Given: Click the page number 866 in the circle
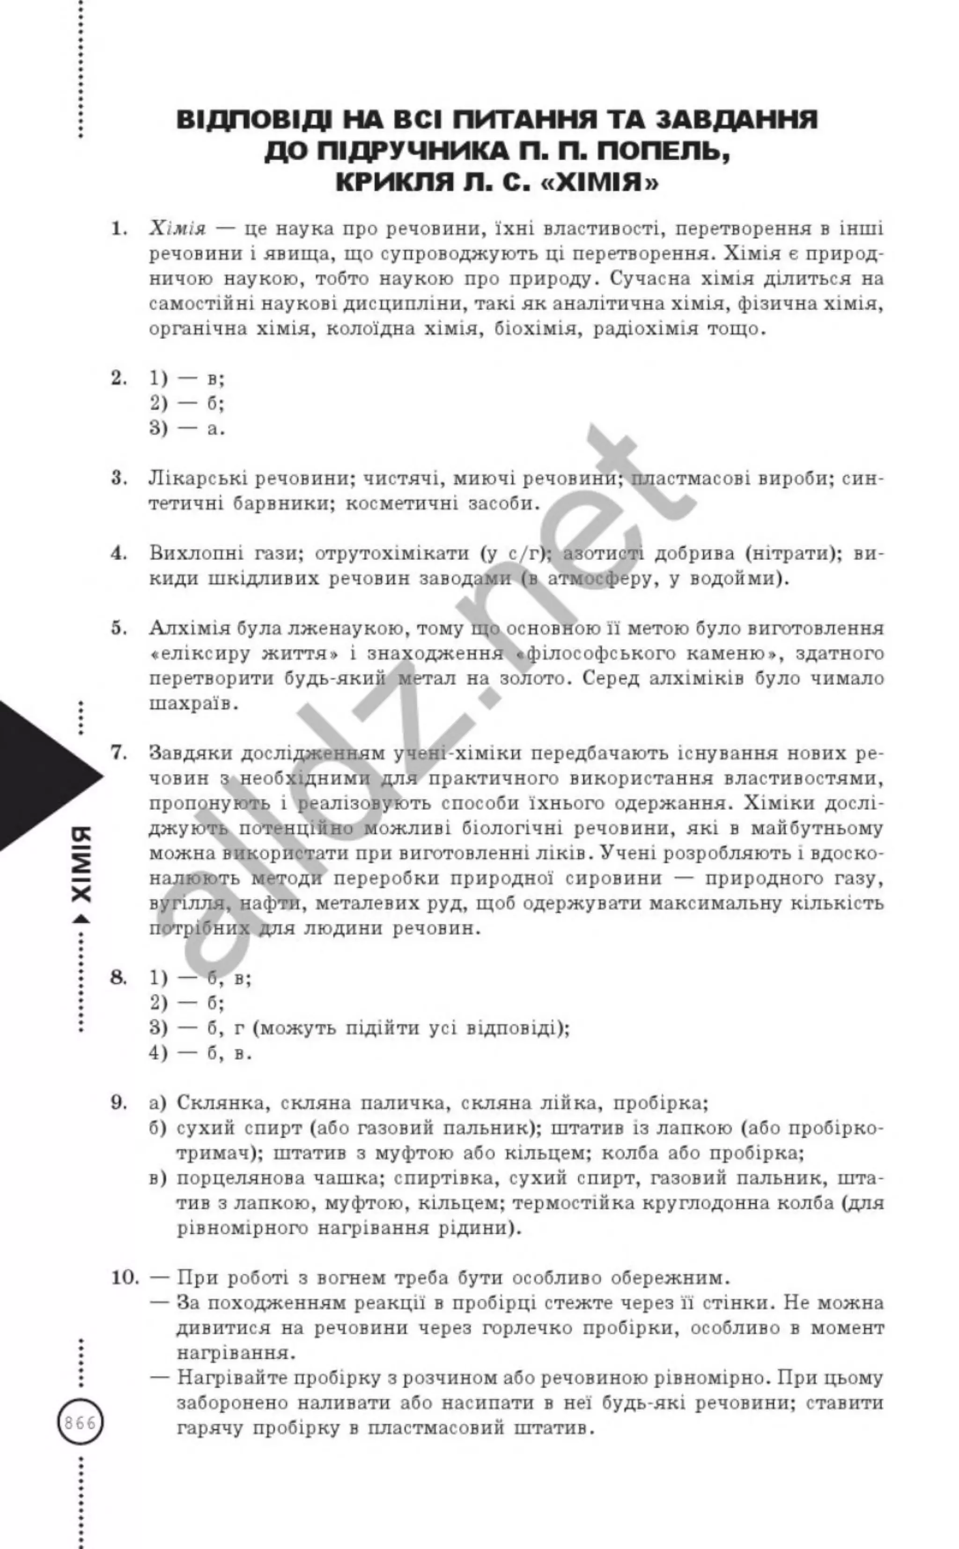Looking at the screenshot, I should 81,1423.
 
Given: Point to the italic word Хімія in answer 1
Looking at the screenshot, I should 177,229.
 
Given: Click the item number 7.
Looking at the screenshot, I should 118,753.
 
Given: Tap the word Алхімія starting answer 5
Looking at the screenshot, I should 190,628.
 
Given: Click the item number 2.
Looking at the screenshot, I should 118,378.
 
